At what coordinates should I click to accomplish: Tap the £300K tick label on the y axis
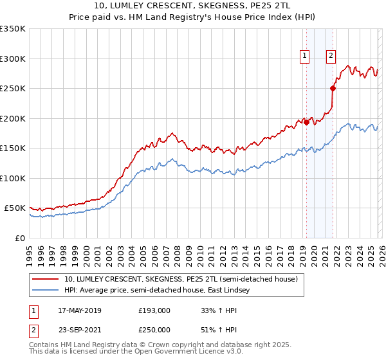pos(13,59)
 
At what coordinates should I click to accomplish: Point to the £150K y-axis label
pos(13,148)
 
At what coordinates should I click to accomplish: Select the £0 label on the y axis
pos(19,238)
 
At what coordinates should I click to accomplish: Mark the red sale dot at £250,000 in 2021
pos(333,89)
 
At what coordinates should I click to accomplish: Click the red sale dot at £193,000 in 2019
pos(306,123)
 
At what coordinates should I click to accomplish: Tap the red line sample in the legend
pos(46,280)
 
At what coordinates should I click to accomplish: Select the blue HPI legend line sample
pos(46,291)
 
